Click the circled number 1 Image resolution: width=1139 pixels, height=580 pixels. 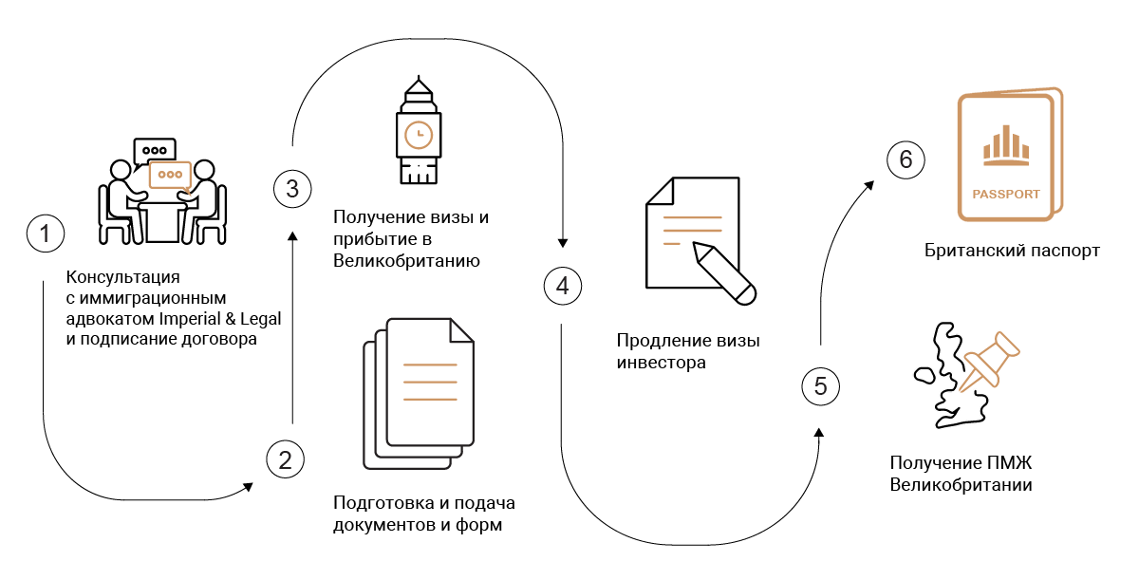coord(46,234)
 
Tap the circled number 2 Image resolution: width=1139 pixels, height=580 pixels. coord(286,459)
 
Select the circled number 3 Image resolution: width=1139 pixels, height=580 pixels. coord(292,189)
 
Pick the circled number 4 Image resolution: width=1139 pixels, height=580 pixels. coord(562,286)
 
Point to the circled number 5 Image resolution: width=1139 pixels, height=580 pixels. coord(820,386)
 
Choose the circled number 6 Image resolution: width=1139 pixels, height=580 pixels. coord(906,159)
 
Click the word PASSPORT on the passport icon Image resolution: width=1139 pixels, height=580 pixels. coord(1006,195)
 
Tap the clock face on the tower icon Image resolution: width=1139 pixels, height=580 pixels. coord(419,135)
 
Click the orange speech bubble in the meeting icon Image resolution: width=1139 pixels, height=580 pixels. coord(170,176)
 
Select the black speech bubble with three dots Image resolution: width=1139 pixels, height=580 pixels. coord(154,151)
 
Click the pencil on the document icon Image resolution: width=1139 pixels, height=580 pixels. coord(724,273)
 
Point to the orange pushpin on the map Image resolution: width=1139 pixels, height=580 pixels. coord(989,361)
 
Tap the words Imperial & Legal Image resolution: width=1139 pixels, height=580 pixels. coord(219,319)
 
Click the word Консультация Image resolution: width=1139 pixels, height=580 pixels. coord(122,277)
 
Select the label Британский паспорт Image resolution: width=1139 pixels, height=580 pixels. coord(1012,251)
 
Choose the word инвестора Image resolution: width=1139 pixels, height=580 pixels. coord(661,363)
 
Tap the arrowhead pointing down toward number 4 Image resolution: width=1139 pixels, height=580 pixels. coord(562,243)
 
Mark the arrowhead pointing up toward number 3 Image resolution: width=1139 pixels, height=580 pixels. coord(292,236)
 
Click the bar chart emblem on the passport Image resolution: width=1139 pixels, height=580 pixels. coord(1006,146)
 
